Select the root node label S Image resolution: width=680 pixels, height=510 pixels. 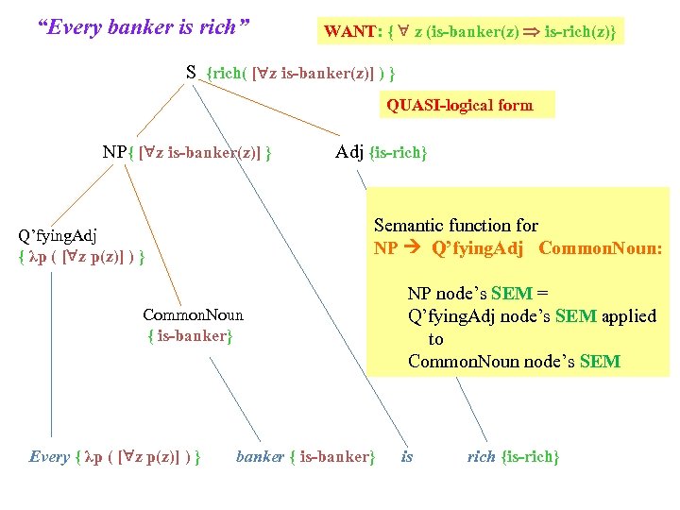190,72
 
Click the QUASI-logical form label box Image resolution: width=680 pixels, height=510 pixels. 460,105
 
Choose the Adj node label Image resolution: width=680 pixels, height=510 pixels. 349,152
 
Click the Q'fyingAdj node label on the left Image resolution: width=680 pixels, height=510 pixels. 58,235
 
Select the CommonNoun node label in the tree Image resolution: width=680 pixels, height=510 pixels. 193,315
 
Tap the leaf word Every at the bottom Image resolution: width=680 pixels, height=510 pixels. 49,457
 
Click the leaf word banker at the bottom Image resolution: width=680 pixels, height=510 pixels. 260,457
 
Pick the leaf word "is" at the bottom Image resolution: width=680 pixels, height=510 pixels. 407,457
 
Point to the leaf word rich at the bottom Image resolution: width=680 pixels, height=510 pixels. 482,457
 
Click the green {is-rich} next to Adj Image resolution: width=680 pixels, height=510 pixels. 399,153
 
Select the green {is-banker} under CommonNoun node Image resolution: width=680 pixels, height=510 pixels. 189,335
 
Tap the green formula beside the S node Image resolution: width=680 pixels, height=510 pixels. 300,73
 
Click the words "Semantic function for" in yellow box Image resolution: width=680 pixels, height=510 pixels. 455,226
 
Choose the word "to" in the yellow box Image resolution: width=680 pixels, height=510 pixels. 435,339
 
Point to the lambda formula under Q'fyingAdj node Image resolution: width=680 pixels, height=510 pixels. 80,256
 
